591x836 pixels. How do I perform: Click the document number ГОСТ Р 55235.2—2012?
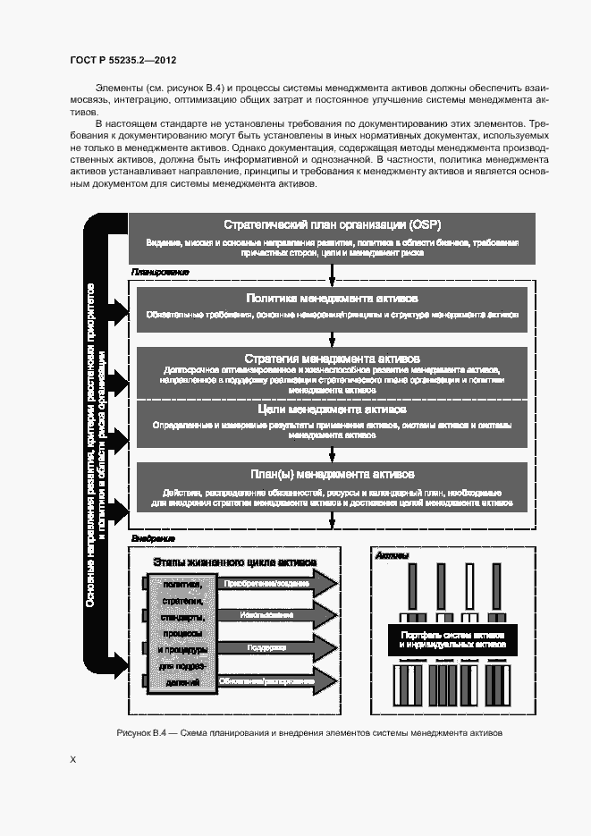point(122,60)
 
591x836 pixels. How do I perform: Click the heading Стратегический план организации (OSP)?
point(332,224)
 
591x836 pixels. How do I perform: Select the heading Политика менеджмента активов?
point(332,298)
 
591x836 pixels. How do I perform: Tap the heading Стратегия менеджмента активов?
point(332,359)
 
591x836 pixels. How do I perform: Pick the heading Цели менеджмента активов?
point(332,410)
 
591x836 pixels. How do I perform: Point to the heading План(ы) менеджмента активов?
point(332,474)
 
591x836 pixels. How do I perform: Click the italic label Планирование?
point(160,272)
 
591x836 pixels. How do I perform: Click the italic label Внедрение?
point(153,539)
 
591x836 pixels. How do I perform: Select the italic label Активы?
point(392,556)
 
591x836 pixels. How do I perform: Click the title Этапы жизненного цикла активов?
point(234,564)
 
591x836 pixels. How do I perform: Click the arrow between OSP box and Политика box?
point(332,274)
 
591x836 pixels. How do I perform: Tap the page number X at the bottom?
point(73,760)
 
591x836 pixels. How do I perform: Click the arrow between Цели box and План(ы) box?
point(332,452)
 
